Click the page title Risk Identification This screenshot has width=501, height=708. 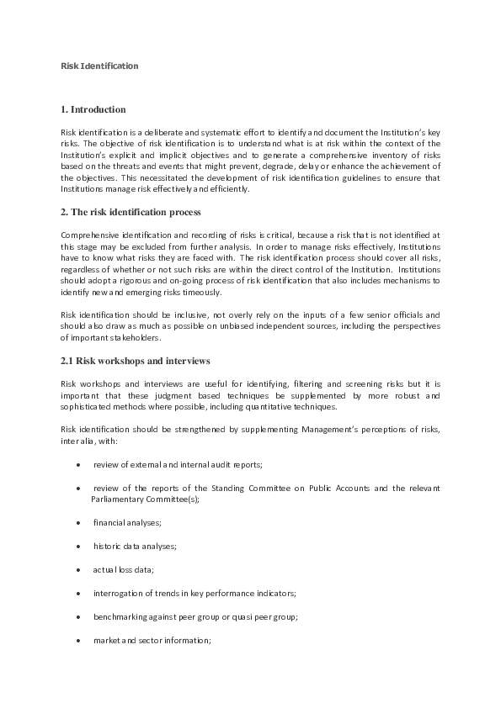[x=99, y=65]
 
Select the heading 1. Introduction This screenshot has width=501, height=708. [x=93, y=109]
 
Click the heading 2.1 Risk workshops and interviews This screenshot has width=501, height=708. [x=135, y=361]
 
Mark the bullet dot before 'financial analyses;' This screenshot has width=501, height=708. [x=78, y=522]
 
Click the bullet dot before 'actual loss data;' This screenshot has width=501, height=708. [x=78, y=569]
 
